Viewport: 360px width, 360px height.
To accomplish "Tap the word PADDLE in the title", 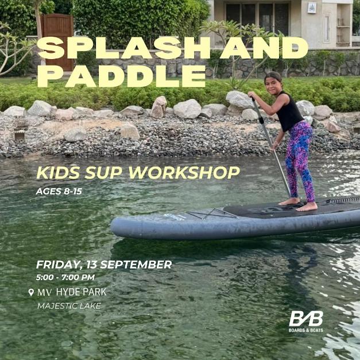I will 121,76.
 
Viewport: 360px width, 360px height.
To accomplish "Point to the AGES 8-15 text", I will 59,191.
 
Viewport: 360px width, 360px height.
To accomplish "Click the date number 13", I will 93,265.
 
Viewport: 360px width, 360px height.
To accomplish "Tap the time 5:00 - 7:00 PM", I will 65,278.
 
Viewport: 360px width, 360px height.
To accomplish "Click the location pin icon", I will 31,292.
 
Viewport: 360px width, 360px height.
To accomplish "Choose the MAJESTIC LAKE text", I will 69,306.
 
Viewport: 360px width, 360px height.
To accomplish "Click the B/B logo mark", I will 305,319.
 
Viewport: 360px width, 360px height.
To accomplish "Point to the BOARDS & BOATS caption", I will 305,330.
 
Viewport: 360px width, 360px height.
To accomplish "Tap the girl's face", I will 273,82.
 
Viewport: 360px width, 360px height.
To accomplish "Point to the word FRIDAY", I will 58,265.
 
